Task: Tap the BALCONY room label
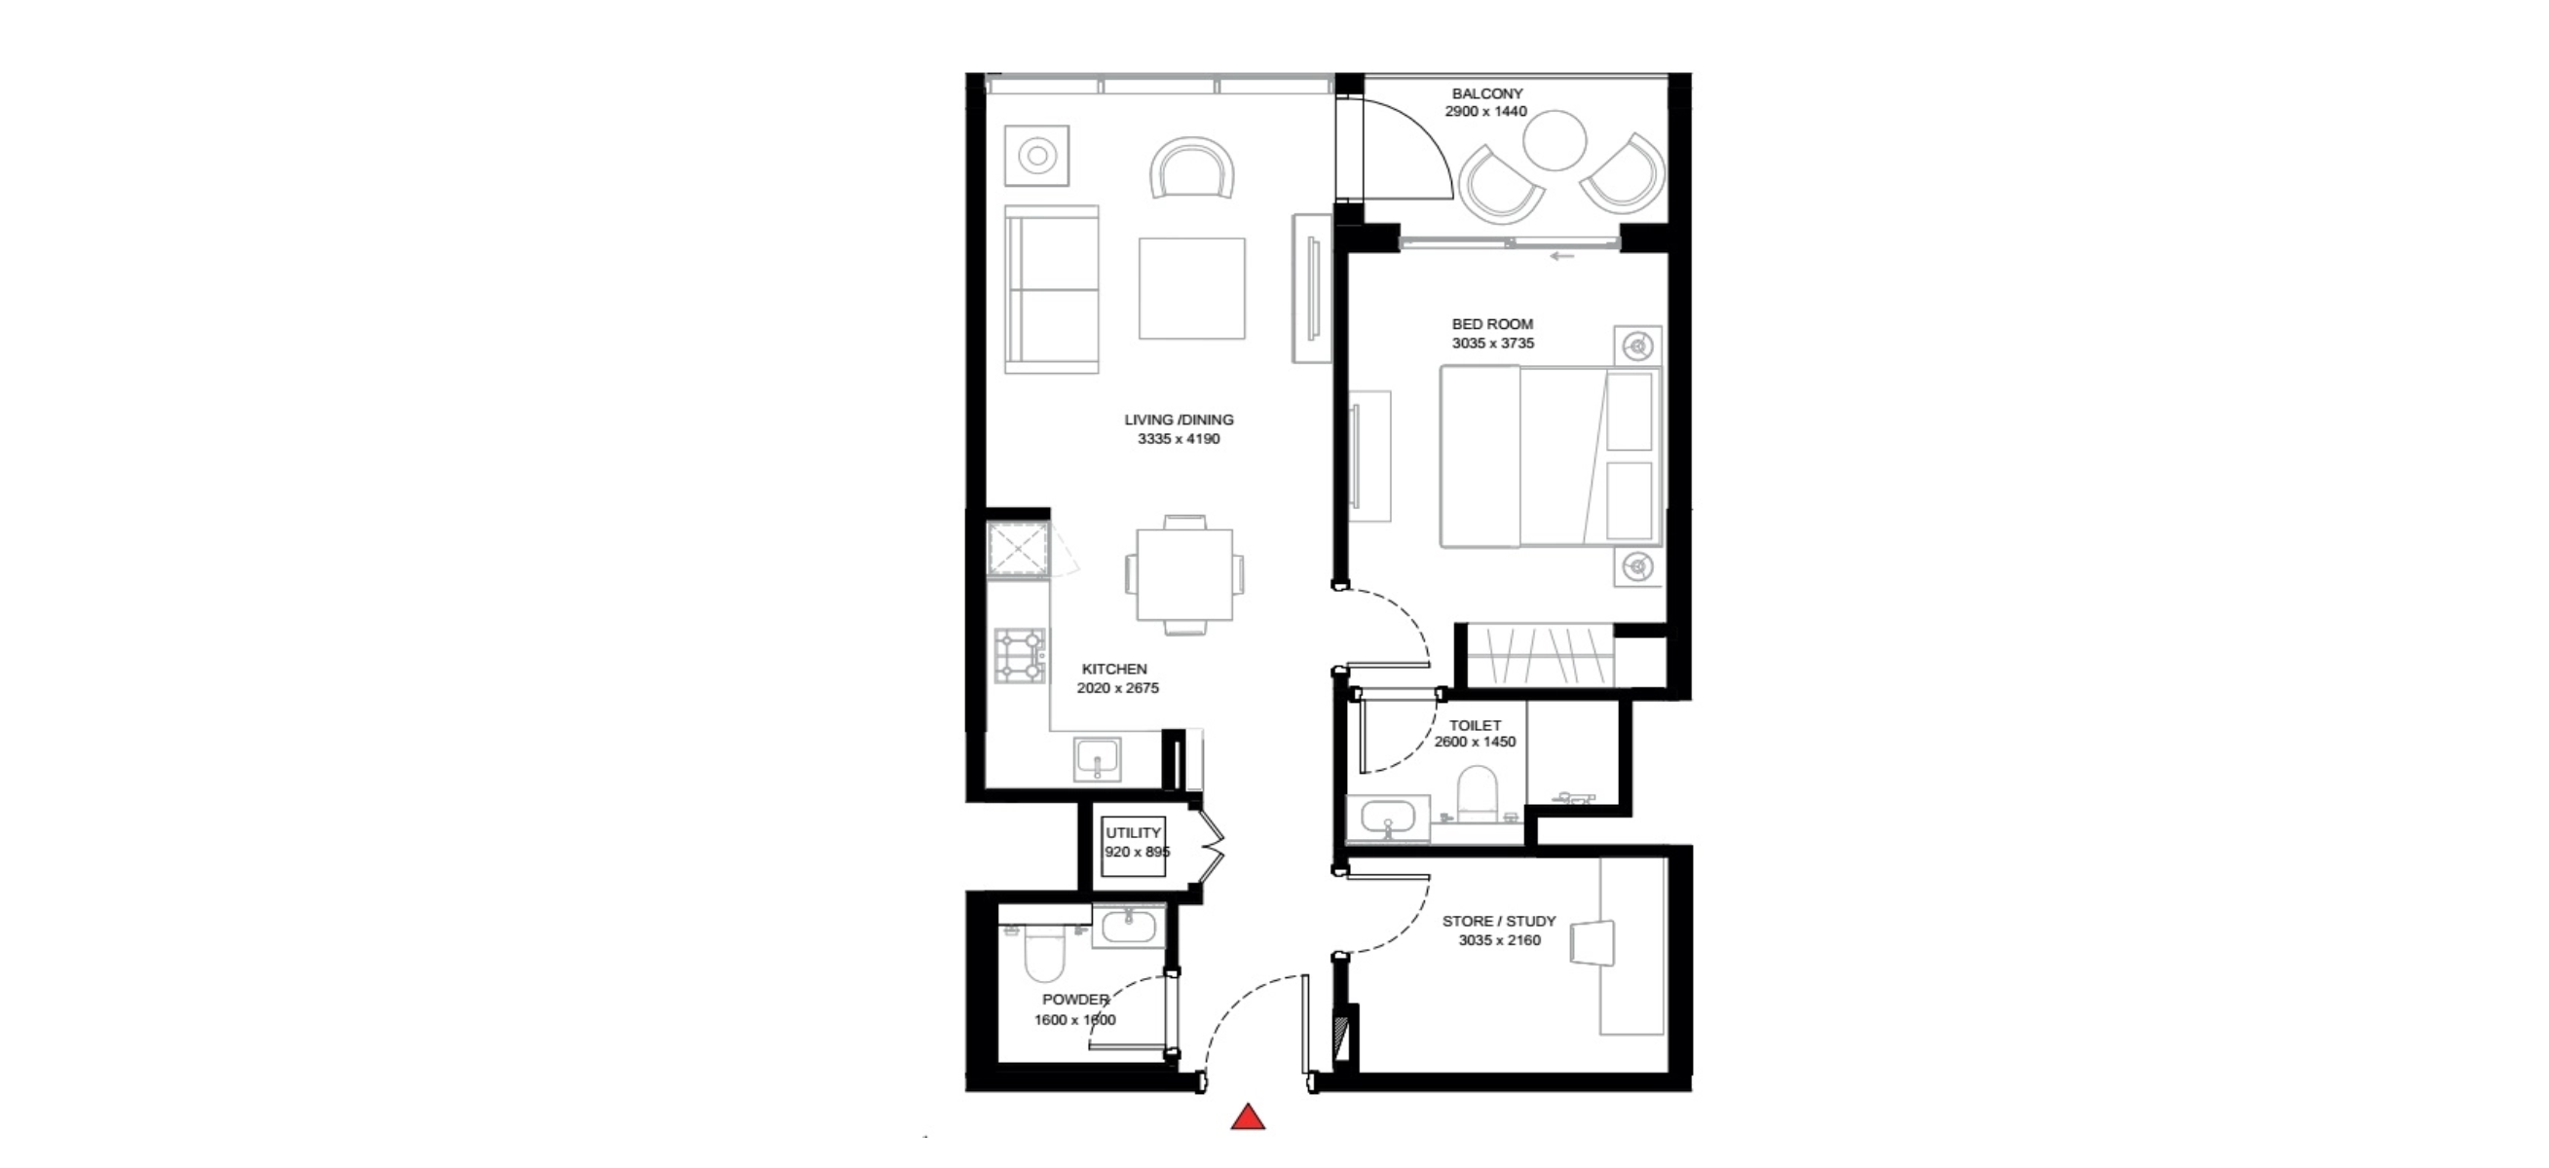click(1487, 94)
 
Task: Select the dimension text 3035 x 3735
click(1493, 344)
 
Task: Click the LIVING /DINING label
click(1179, 420)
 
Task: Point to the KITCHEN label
click(1114, 669)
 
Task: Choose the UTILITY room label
click(1133, 833)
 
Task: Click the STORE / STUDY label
click(1499, 921)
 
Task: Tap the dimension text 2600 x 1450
click(1476, 742)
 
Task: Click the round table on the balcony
click(1555, 140)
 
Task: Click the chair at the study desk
click(1593, 942)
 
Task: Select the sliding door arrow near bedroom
click(1561, 256)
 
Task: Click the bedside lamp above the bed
click(1638, 347)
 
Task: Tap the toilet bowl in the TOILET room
click(1479, 792)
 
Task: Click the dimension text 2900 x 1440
click(1486, 112)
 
